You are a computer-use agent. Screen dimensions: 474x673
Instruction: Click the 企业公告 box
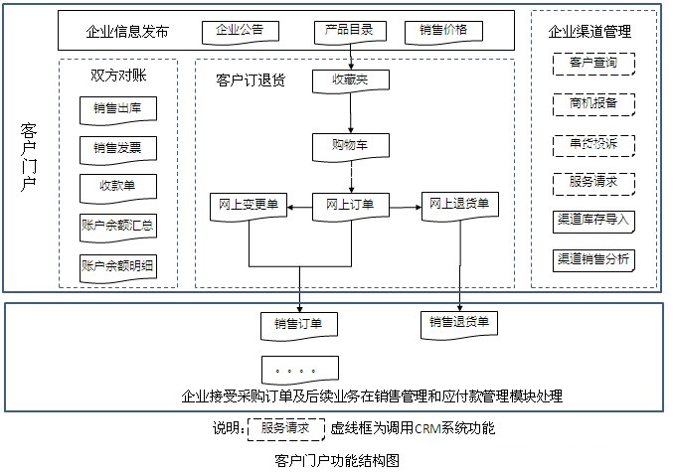tap(240, 31)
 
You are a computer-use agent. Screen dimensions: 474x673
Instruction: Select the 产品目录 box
tap(349, 31)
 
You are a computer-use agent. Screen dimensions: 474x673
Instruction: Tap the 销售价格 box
tap(443, 31)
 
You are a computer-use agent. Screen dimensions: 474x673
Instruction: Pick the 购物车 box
tap(350, 146)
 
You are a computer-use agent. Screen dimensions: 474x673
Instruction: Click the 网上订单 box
tap(350, 205)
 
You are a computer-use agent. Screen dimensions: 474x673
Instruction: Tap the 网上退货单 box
tap(458, 204)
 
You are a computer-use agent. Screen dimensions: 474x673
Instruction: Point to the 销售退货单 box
tap(458, 324)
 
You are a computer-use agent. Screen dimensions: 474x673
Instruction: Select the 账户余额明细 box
tap(117, 266)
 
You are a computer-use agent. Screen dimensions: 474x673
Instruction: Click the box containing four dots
tap(298, 371)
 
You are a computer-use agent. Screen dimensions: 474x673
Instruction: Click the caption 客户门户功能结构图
tap(336, 461)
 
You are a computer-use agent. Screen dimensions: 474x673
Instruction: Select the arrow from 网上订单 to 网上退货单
tap(404, 207)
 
